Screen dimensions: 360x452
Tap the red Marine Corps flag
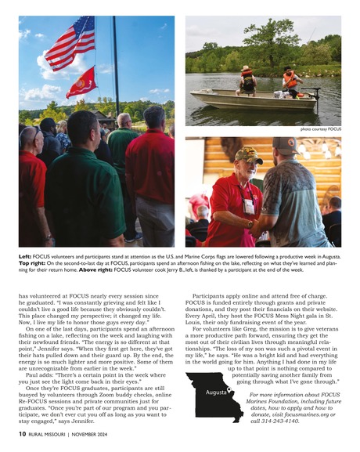tap(82, 81)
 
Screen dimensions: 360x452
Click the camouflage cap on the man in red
tap(249, 154)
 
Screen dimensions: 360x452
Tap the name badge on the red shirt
tap(250, 206)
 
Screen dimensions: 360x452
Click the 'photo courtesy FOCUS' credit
tap(321, 128)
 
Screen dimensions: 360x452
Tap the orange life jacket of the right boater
tap(291, 80)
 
